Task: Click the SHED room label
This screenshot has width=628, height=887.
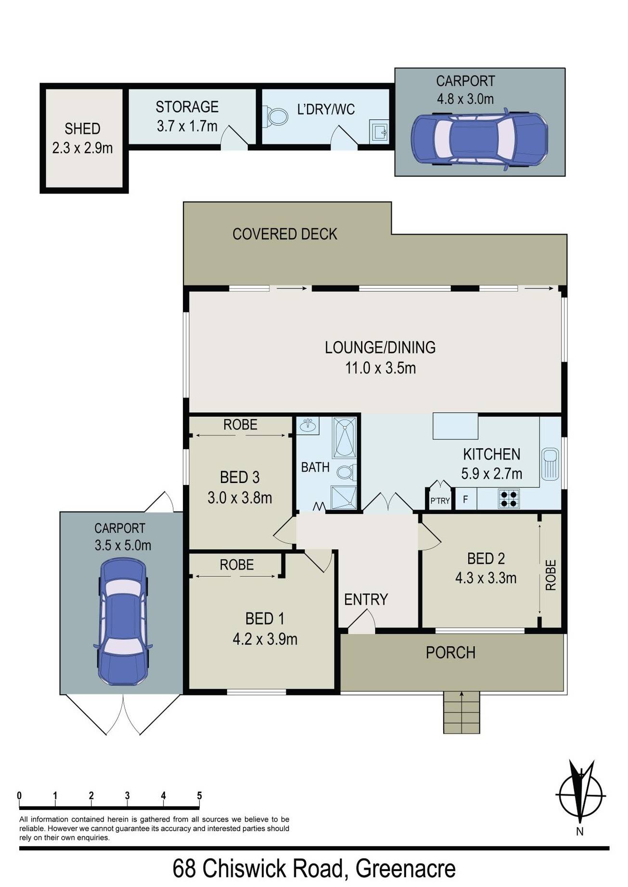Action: [x=82, y=129]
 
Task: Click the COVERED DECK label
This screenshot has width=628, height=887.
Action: [x=285, y=234]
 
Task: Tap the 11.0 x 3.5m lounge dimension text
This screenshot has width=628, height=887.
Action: [x=380, y=368]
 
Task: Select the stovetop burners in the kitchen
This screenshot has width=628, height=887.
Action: [x=509, y=498]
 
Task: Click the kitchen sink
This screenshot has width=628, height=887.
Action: [x=550, y=464]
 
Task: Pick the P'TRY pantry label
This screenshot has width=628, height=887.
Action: [x=440, y=501]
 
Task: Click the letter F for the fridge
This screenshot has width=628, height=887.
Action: [x=465, y=499]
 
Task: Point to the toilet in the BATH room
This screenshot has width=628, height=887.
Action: [x=346, y=472]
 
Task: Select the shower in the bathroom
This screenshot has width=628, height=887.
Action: [x=344, y=497]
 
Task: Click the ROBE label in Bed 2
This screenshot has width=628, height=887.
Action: [x=551, y=575]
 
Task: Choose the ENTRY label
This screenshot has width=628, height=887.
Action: [x=366, y=600]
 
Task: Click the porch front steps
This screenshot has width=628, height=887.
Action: [x=461, y=712]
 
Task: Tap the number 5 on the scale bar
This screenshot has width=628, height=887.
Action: [x=199, y=796]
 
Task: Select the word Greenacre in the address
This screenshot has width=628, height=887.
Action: [x=405, y=869]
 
